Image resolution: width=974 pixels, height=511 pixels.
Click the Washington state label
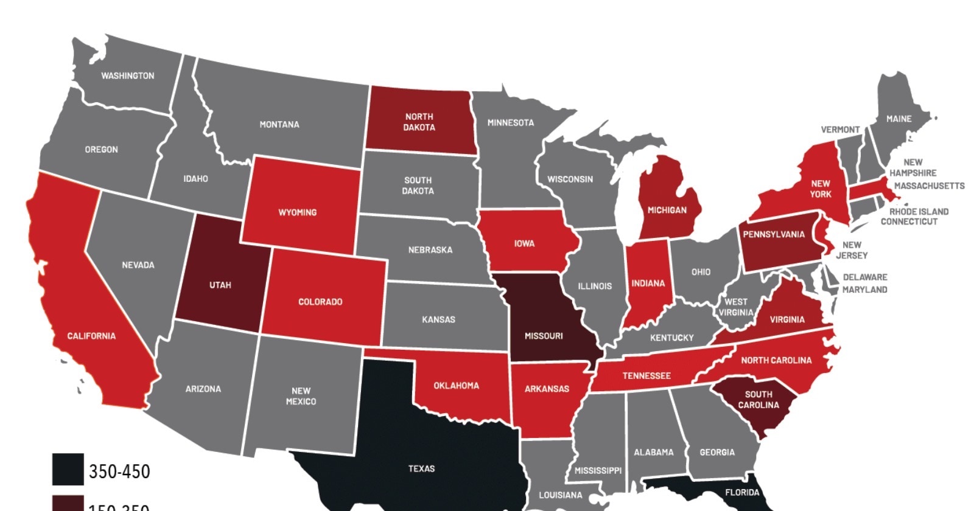(128, 76)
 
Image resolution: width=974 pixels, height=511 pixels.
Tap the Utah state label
(220, 285)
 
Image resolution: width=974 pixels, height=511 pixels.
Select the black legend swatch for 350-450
(68, 470)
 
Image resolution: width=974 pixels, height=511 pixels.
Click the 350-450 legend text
(119, 471)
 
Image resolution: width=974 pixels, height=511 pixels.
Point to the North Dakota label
(419, 122)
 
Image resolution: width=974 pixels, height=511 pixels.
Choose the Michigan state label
(667, 210)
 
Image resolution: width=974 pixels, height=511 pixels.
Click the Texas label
(421, 468)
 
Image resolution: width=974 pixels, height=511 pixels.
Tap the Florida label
(742, 492)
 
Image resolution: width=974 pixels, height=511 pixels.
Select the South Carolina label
(759, 400)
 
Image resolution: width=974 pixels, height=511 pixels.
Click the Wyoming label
(298, 212)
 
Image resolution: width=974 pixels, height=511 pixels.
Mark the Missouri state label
(544, 336)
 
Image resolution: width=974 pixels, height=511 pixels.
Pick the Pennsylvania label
(774, 234)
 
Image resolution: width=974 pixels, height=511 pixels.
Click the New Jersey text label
(852, 250)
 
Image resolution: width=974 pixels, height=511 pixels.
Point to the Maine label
(899, 119)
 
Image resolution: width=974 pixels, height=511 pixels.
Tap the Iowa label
(524, 243)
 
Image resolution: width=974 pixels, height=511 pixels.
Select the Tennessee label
(646, 376)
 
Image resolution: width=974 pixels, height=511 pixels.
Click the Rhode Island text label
(919, 212)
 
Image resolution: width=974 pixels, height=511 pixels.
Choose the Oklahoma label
(456, 386)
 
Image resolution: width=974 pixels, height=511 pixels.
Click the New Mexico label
(301, 396)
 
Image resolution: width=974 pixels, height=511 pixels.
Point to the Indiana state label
(648, 283)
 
